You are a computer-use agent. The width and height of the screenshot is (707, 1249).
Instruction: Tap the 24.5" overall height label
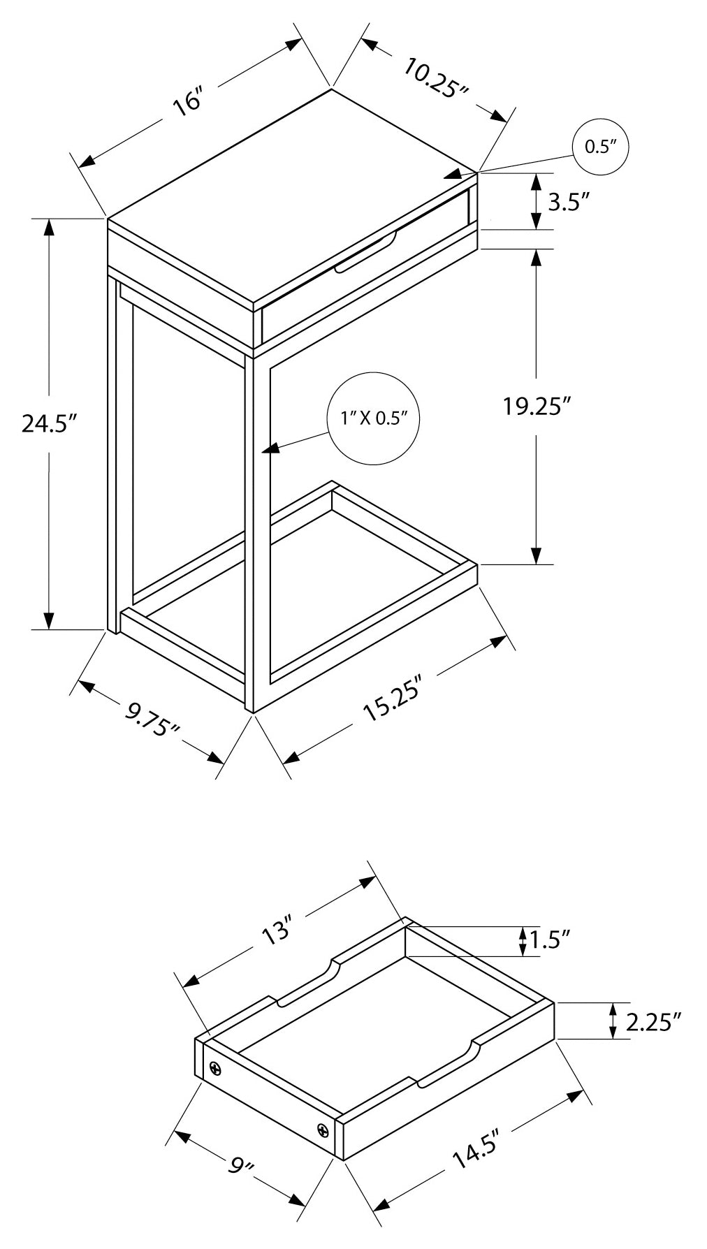point(48,423)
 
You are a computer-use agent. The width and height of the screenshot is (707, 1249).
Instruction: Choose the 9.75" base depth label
point(152,720)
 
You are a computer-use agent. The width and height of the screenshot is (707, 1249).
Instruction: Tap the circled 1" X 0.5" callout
point(374,418)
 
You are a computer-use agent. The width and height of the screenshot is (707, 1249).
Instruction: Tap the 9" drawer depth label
point(240,1167)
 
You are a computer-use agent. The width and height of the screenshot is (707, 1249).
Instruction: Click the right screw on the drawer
point(323,1130)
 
